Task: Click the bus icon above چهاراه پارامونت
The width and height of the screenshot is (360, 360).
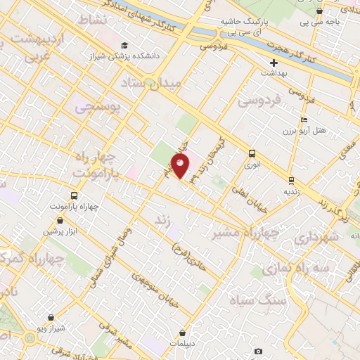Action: [74, 196]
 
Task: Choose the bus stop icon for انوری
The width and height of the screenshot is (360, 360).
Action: [252, 153]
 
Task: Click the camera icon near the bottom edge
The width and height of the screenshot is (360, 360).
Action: [258, 351]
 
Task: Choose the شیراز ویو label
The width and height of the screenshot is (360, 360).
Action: [52, 329]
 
